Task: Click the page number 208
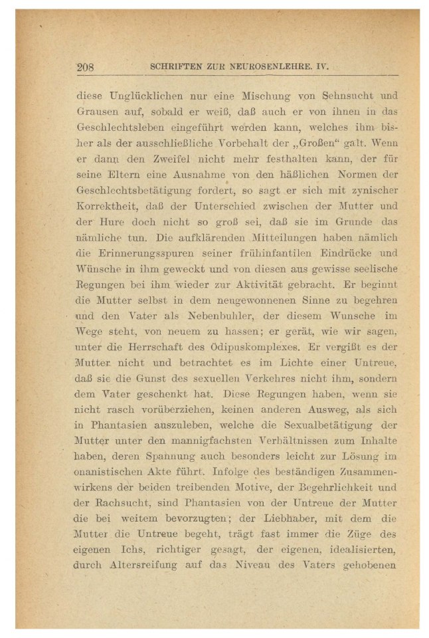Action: click(86, 67)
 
